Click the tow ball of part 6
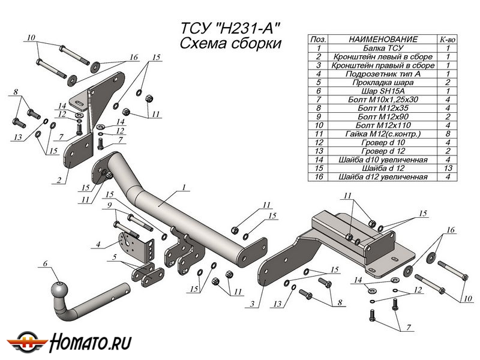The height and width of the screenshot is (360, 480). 59,289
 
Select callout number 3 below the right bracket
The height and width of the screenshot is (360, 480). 254,304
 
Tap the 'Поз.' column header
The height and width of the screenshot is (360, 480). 319,38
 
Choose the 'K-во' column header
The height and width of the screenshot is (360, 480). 448,38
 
